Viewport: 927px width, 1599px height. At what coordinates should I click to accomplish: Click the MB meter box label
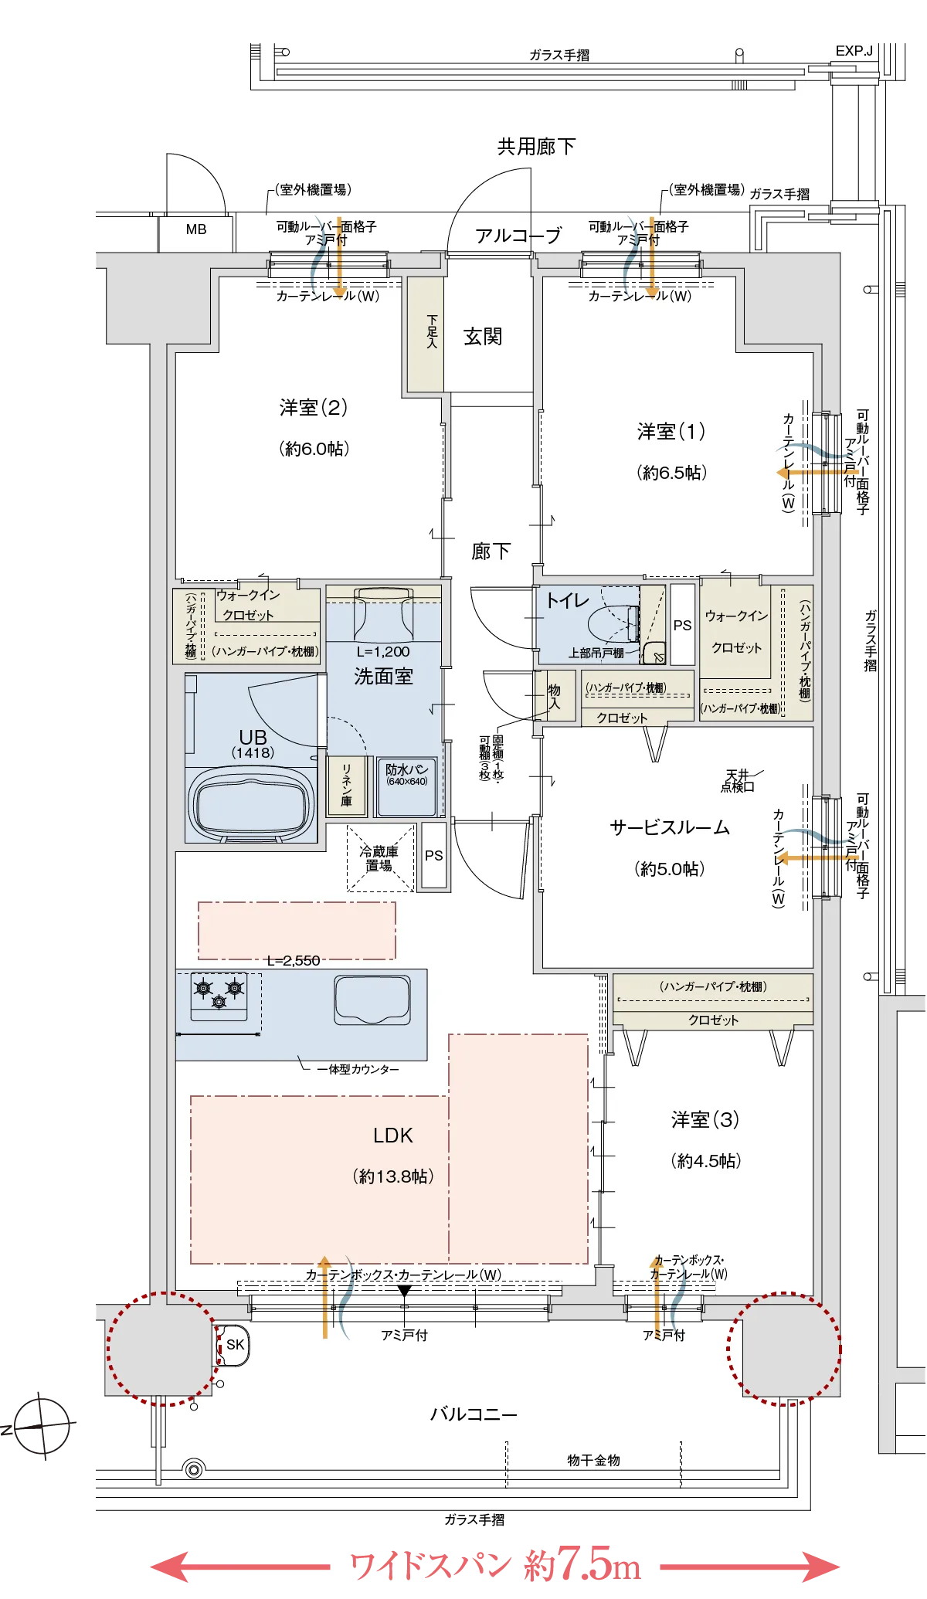click(x=196, y=229)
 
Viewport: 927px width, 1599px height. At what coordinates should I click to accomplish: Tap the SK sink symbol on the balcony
click(x=233, y=1345)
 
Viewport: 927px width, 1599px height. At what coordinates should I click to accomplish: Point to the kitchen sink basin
click(x=372, y=1000)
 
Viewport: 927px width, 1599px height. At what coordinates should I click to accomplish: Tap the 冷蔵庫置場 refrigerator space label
click(x=379, y=858)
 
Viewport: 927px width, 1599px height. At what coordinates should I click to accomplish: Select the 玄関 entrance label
click(x=483, y=337)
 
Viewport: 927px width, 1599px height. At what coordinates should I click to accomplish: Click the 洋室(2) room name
click(x=313, y=407)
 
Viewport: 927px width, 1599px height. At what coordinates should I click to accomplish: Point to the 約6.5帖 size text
click(x=671, y=473)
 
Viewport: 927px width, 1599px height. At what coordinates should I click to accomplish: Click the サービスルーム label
click(x=670, y=827)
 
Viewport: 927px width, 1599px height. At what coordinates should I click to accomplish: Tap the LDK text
click(x=392, y=1136)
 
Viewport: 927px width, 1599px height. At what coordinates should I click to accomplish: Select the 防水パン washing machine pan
click(x=407, y=786)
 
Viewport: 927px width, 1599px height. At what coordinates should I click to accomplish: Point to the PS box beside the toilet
click(x=682, y=625)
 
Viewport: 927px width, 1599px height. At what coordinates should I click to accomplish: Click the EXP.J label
click(x=854, y=51)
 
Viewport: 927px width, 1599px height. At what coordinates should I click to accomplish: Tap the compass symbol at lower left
click(x=40, y=1427)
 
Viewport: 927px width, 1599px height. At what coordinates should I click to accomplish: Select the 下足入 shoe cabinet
click(x=426, y=334)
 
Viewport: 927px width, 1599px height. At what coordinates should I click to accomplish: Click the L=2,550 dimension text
click(x=293, y=960)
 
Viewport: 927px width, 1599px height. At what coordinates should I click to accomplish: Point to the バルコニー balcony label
click(x=473, y=1414)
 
